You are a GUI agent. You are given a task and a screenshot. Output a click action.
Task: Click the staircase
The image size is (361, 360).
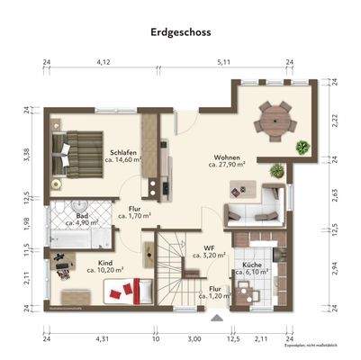pyautogui.click(x=167, y=270)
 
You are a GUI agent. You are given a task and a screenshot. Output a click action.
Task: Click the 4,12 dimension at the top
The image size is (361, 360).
pyautogui.click(x=104, y=61)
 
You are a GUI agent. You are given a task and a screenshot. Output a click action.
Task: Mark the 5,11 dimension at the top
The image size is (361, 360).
pyautogui.click(x=223, y=61)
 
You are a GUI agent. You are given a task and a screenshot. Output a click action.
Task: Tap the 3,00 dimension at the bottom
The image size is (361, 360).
pyautogui.click(x=194, y=339)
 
